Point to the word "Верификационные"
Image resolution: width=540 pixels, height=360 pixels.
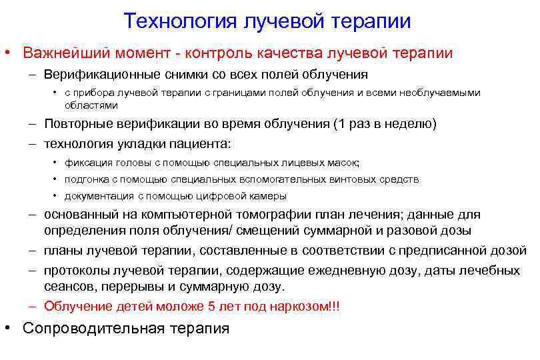pos(97,74)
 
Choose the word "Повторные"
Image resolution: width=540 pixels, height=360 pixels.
pos(75,124)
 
